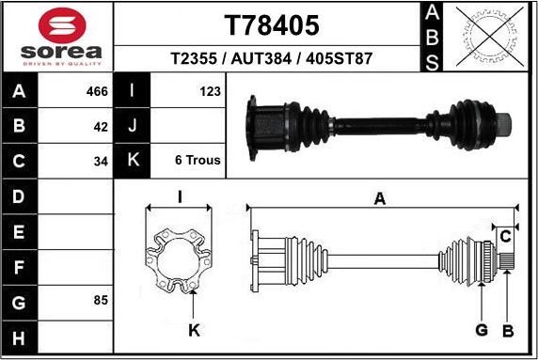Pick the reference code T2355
196,58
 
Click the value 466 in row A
97,91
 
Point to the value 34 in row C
102,161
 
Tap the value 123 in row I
210,91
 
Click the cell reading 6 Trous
198,161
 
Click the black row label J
133,126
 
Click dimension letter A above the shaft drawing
380,198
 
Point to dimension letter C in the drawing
505,235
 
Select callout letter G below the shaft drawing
481,330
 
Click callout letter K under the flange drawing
193,330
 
